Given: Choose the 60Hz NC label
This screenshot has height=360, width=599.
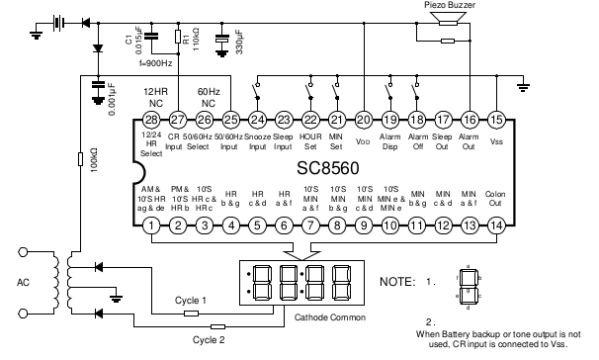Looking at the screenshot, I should click(208, 96).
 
